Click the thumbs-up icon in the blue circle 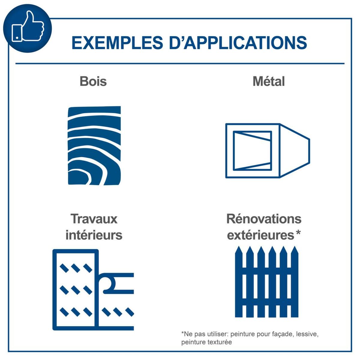click(x=28, y=26)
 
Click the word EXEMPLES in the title click(x=118, y=43)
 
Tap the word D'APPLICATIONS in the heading click(x=238, y=43)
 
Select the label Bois click(x=93, y=81)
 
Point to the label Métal click(x=268, y=81)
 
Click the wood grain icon click(x=94, y=146)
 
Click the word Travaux click(x=94, y=219)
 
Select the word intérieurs click(x=94, y=235)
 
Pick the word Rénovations click(x=264, y=219)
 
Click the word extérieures click(x=261, y=235)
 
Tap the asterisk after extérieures click(x=298, y=233)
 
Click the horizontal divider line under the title click(x=180, y=64)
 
